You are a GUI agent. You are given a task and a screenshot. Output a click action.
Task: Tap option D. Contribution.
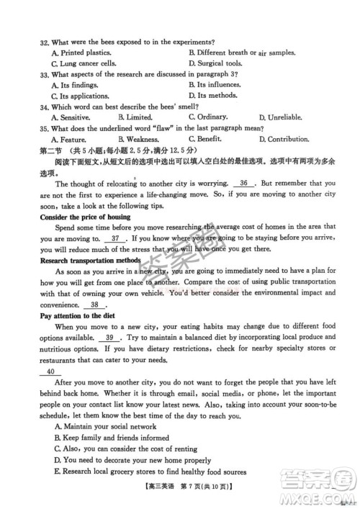(x=288, y=139)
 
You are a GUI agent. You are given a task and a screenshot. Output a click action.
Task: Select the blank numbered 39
(x=110, y=338)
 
